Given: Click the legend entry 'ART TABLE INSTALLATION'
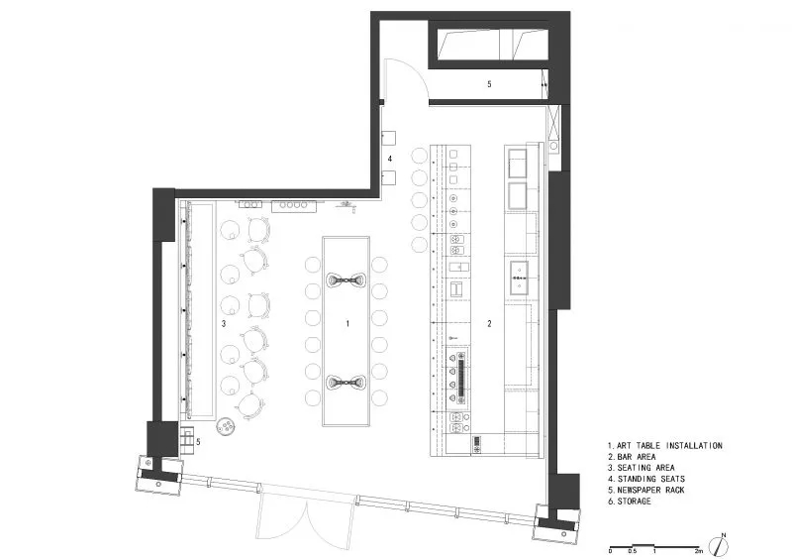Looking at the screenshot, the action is click(x=669, y=446).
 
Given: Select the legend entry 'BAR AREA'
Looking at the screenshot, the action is click(x=637, y=457).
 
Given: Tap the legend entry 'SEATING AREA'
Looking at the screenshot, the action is click(x=645, y=468).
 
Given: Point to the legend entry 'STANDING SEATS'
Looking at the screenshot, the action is click(x=651, y=479).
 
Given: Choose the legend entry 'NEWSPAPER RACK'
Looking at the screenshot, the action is click(x=650, y=491).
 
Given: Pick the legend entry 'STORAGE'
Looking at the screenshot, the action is click(x=634, y=502).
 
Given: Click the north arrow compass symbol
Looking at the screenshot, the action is click(x=719, y=546).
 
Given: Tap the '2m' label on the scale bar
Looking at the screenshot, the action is click(x=699, y=551).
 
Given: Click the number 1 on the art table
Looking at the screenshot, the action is click(x=347, y=323).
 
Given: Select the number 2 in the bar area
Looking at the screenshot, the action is click(x=489, y=324).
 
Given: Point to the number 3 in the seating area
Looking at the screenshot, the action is click(x=224, y=324).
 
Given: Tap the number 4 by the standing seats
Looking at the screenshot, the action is click(x=390, y=159).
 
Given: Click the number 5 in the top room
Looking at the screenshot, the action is click(x=489, y=84).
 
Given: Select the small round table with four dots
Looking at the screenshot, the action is click(x=226, y=426).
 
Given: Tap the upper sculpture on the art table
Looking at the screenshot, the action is click(x=346, y=280).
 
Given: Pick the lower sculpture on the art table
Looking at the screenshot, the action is click(x=346, y=383).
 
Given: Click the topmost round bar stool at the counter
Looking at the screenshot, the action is click(x=419, y=156).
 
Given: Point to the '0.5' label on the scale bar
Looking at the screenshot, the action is click(x=633, y=551).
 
